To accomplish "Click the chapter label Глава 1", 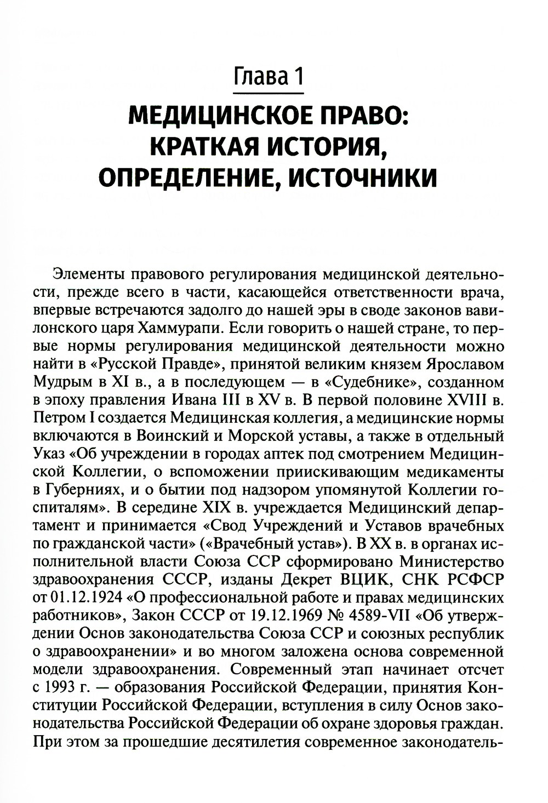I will pos(269,76).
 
